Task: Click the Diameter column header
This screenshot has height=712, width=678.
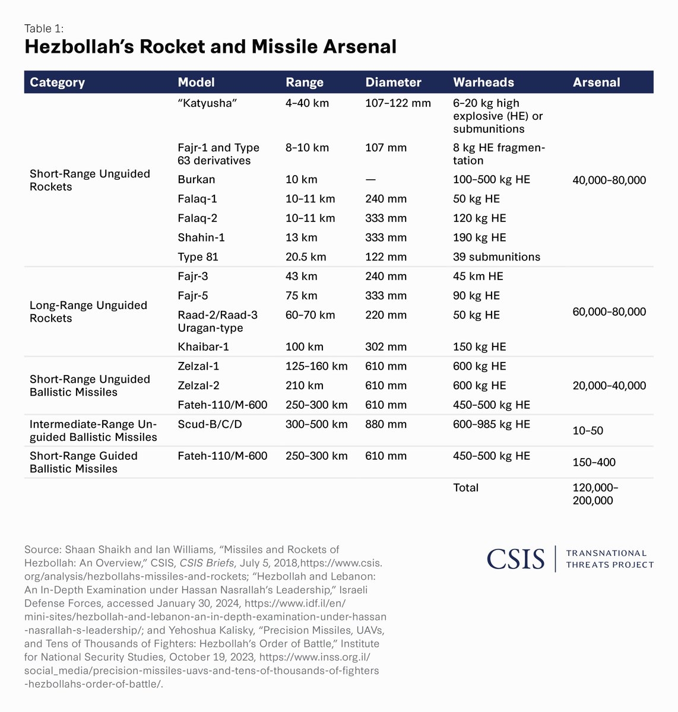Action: point(393,82)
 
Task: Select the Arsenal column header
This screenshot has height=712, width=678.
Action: point(596,82)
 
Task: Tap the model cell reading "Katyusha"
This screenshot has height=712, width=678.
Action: point(207,103)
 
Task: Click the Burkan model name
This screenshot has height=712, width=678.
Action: point(196,180)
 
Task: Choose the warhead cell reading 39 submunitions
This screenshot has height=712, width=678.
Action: point(496,257)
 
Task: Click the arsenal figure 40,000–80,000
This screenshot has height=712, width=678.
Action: point(609,180)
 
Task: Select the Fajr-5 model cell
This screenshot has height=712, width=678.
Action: point(193,295)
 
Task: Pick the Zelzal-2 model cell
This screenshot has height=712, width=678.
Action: point(198,386)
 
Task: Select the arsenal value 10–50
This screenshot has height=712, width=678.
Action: point(588,431)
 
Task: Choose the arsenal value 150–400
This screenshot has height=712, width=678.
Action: point(594,462)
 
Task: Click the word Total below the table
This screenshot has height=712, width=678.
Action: point(465,488)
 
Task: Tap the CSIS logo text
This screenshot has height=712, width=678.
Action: point(515,559)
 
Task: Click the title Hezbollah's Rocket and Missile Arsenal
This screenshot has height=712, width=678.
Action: point(210,47)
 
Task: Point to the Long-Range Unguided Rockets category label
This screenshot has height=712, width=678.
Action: point(88,312)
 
